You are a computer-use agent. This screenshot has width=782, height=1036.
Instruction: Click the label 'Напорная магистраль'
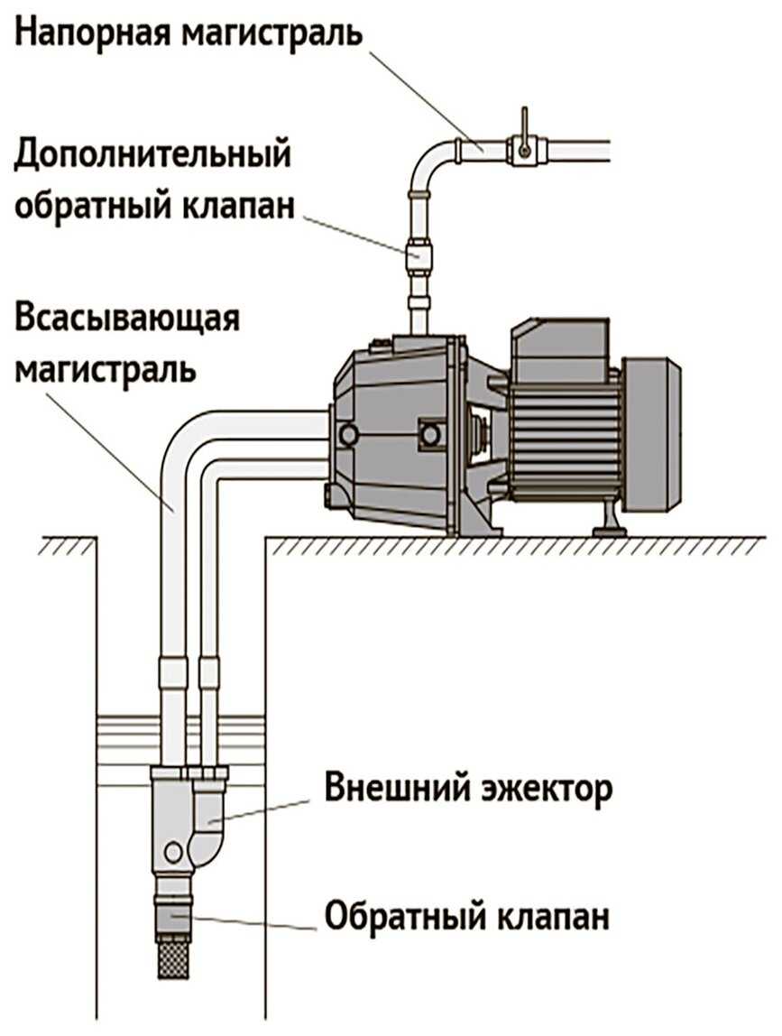(190, 33)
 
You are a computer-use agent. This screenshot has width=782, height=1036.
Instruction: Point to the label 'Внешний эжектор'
(469, 788)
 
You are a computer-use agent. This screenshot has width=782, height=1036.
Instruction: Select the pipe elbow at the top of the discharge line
(429, 162)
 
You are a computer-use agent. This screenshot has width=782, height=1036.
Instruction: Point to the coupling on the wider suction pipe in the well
(171, 673)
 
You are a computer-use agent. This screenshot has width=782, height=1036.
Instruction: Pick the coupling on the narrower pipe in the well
(208, 673)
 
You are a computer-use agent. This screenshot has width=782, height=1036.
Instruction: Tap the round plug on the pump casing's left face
(346, 435)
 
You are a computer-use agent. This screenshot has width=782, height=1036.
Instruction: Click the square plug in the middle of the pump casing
(430, 436)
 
